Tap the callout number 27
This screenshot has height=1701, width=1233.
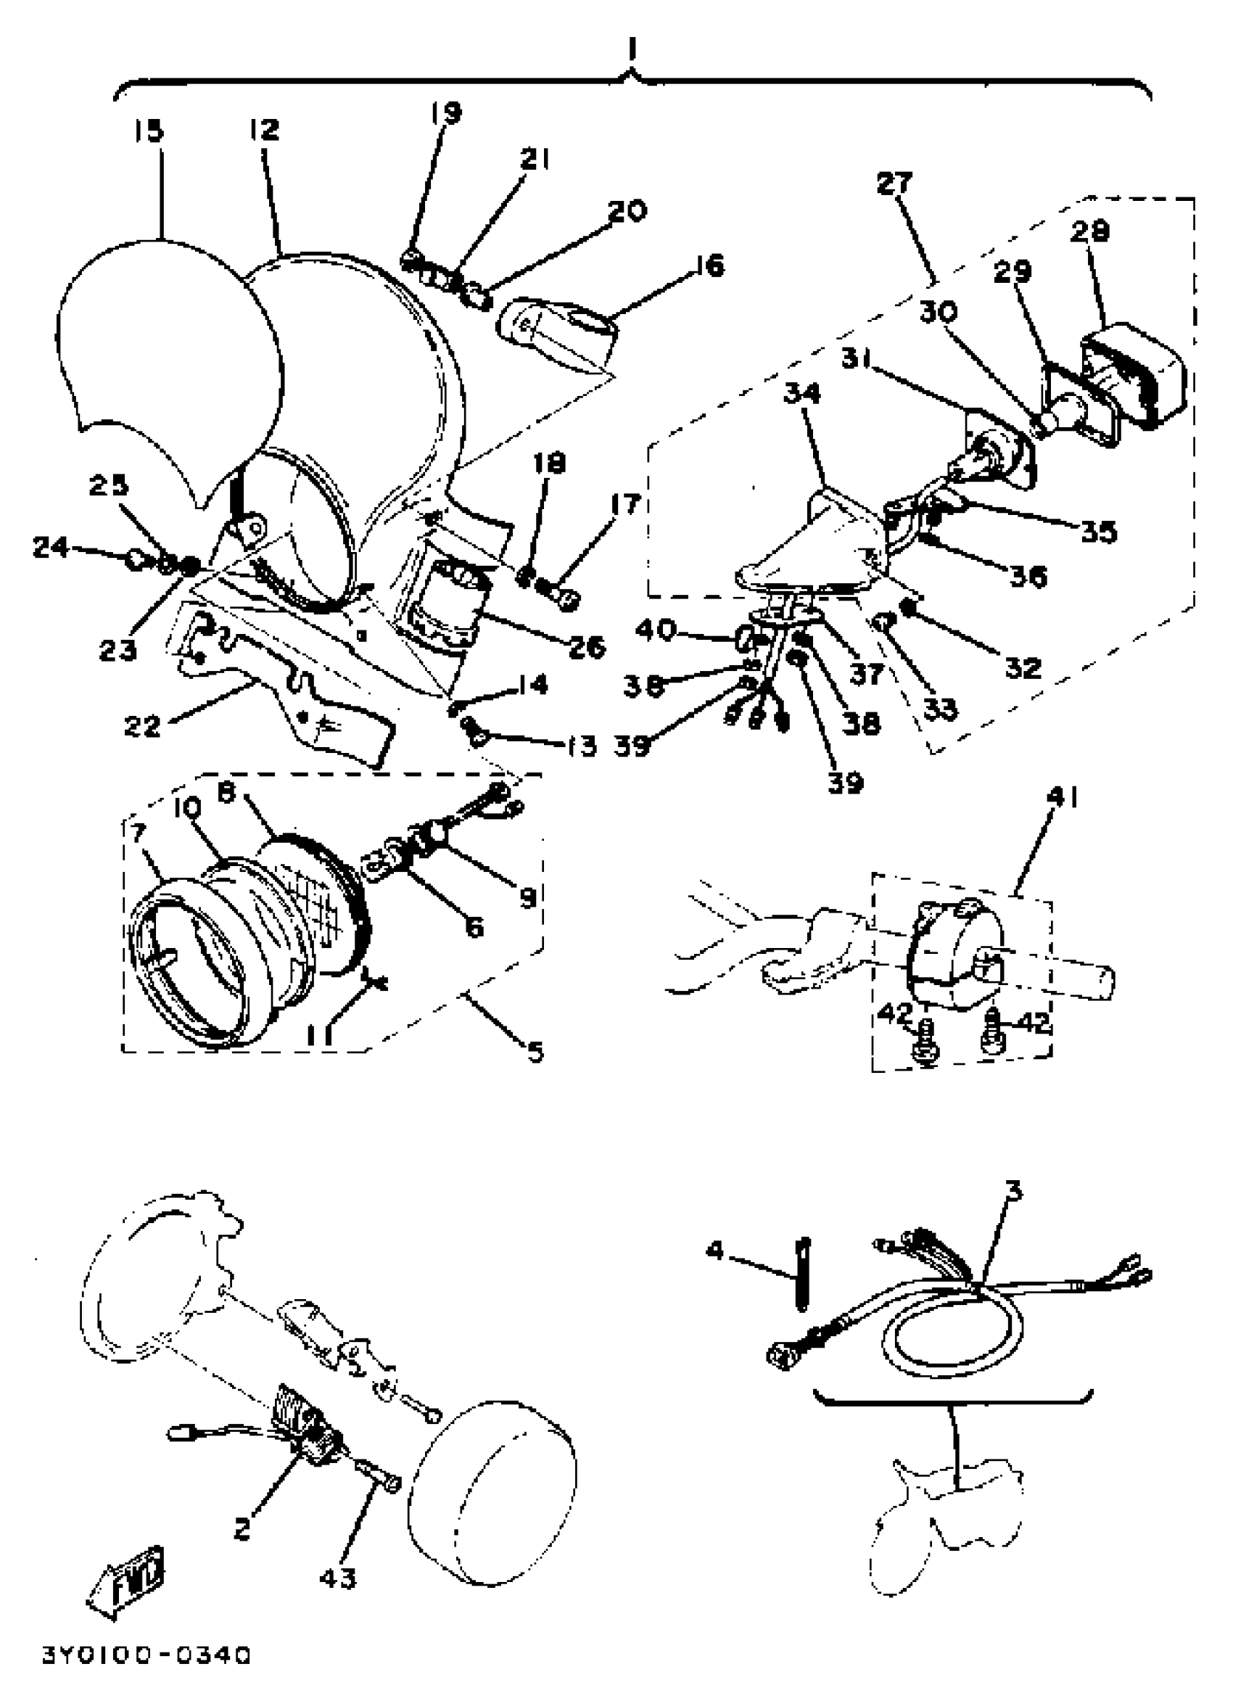pyautogui.click(x=894, y=183)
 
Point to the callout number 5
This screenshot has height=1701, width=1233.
pyautogui.click(x=534, y=1052)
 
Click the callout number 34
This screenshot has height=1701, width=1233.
pyautogui.click(x=801, y=393)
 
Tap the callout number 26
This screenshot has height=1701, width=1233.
pyautogui.click(x=586, y=646)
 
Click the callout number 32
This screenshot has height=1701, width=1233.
pyautogui.click(x=1023, y=667)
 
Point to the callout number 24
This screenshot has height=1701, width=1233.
pyautogui.click(x=51, y=548)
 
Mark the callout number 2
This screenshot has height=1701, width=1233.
pyautogui.click(x=241, y=1528)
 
